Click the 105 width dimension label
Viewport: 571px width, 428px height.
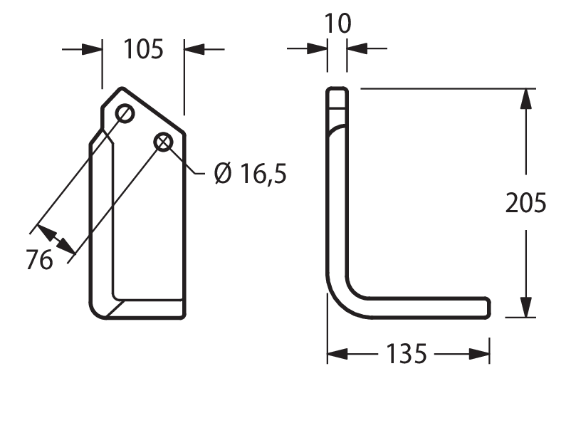[x=144, y=49]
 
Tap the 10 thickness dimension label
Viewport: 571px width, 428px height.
[x=337, y=24]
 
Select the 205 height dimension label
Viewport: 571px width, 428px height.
[x=526, y=203]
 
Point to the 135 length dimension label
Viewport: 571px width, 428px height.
[x=406, y=354]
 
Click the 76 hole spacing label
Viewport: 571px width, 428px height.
[x=40, y=260]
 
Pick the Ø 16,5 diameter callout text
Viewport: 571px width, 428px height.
[x=251, y=173]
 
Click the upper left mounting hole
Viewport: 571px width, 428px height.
[x=125, y=114]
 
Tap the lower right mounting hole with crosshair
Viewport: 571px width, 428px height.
[x=164, y=142]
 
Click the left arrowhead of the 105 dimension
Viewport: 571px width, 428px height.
[x=92, y=49]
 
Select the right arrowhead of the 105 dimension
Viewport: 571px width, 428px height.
[x=194, y=49]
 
